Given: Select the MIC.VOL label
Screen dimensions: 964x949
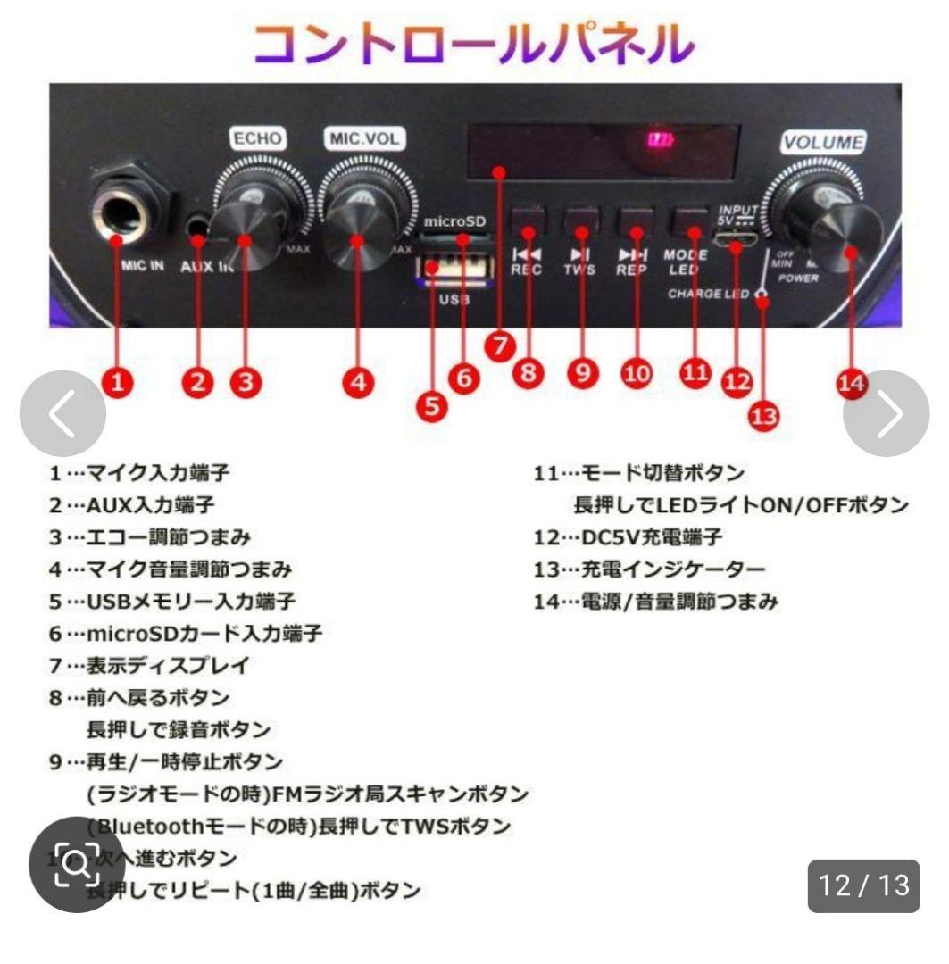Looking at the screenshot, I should pos(363,139).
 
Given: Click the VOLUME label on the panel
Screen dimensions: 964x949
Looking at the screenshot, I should pos(823,142).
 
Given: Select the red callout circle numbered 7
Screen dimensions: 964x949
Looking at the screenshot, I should pos(503,346).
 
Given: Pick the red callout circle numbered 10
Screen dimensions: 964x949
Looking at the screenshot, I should pos(637,374).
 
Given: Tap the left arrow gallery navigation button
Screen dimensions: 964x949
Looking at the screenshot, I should pos(62,414).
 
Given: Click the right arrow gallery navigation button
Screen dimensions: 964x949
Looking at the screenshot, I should pos(887,414).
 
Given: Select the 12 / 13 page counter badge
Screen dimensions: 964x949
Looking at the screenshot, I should pos(863,885).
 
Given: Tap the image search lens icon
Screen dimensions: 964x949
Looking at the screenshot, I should pos(75,863).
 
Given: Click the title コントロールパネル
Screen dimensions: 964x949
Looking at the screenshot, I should pos(473,42).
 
